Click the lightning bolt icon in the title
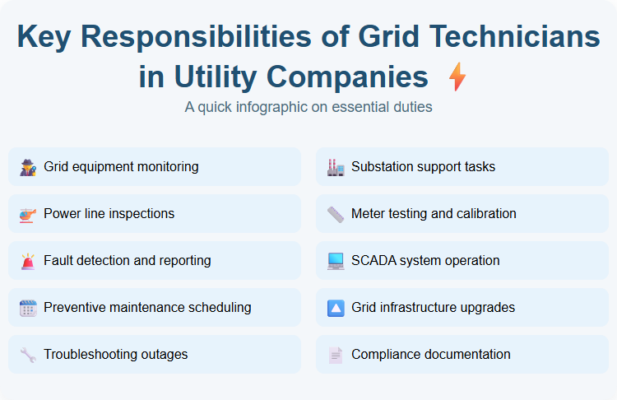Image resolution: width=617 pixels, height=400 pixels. [x=457, y=77]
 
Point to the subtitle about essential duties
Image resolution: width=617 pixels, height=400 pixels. [x=308, y=107]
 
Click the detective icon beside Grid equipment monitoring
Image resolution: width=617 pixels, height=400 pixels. [x=28, y=167]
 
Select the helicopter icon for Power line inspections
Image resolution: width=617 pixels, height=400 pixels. [x=28, y=214]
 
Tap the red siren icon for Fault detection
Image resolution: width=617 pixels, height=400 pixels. [x=28, y=261]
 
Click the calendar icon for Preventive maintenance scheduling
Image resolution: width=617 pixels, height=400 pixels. [x=28, y=308]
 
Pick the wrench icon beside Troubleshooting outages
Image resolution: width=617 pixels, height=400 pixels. [x=28, y=355]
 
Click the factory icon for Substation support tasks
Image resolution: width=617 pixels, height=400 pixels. [x=336, y=167]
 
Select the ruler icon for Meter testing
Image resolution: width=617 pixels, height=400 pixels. [x=336, y=214]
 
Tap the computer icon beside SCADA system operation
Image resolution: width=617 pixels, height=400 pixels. [x=336, y=261]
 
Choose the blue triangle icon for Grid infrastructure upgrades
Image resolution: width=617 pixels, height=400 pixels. [x=336, y=308]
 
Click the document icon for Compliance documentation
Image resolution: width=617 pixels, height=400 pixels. [x=336, y=355]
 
